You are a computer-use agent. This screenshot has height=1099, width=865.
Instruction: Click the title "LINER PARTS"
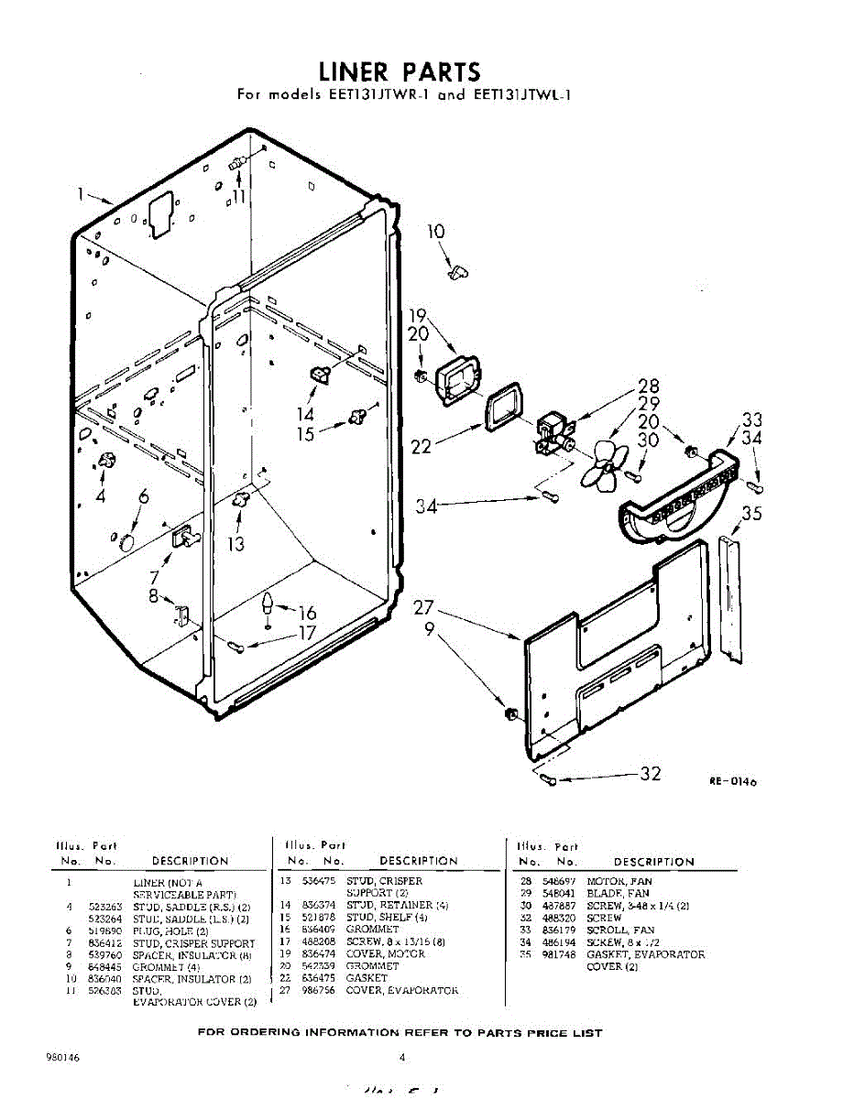pos(400,71)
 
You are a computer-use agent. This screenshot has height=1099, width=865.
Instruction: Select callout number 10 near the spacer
pos(436,233)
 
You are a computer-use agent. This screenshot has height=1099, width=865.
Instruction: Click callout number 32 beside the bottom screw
pos(650,774)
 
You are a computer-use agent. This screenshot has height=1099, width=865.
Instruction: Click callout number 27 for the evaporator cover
pos(422,607)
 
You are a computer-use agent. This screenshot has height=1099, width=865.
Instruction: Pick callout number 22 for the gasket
pos(422,447)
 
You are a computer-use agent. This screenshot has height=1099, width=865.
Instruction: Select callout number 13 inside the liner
pos(236,544)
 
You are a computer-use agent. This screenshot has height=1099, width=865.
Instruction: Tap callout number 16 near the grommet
pos(307,613)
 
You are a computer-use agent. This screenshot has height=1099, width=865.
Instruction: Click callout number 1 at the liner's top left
pos(82,193)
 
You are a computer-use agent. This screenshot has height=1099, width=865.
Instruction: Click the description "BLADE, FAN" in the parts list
pos(618,894)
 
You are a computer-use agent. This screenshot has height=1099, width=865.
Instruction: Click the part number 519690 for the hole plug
pos(106,930)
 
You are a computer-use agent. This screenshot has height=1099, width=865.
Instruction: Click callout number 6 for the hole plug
pos(144,497)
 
